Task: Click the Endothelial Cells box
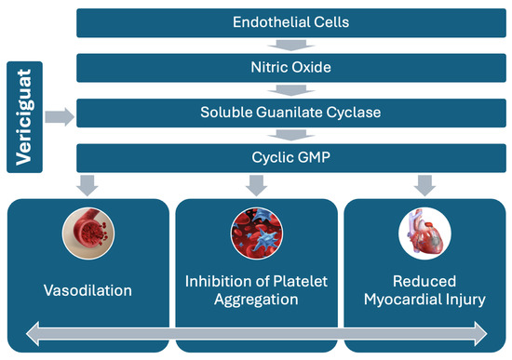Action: (x=291, y=23)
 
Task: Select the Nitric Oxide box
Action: (x=291, y=68)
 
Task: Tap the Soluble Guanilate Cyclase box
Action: (x=291, y=113)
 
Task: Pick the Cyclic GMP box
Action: (x=291, y=158)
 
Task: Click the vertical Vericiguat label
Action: (x=24, y=117)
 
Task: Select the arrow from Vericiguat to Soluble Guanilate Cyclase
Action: (x=60, y=117)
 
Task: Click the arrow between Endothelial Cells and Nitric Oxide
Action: (x=291, y=46)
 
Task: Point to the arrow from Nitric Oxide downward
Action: (x=291, y=90)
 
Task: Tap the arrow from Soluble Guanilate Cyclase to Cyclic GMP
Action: (x=291, y=135)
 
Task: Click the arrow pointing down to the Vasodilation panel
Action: (x=88, y=186)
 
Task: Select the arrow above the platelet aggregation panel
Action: (x=256, y=186)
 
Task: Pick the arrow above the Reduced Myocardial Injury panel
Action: (x=424, y=186)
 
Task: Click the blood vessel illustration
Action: (x=88, y=233)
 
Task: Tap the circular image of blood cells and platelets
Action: (x=257, y=233)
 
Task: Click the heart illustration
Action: (x=424, y=233)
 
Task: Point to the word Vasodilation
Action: (x=88, y=290)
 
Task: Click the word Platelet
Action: (x=300, y=281)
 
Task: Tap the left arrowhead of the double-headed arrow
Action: (x=33, y=334)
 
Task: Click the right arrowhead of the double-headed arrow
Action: (x=480, y=334)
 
